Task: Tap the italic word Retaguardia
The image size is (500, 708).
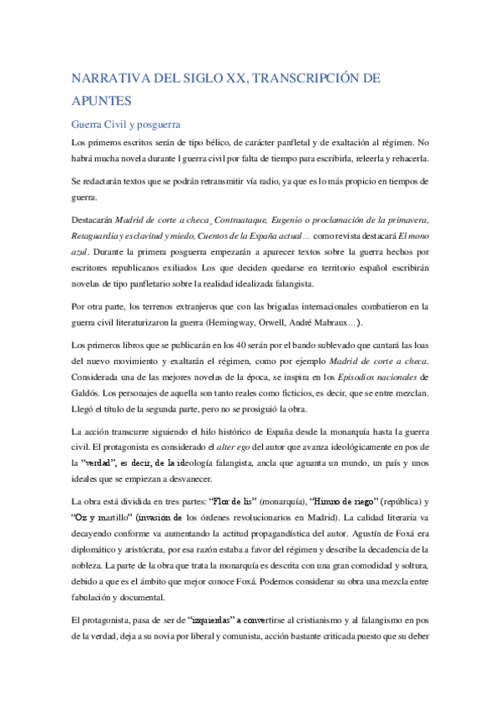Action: point(97,235)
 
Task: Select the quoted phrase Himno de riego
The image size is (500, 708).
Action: point(346,504)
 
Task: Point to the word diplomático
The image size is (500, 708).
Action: point(98,551)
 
